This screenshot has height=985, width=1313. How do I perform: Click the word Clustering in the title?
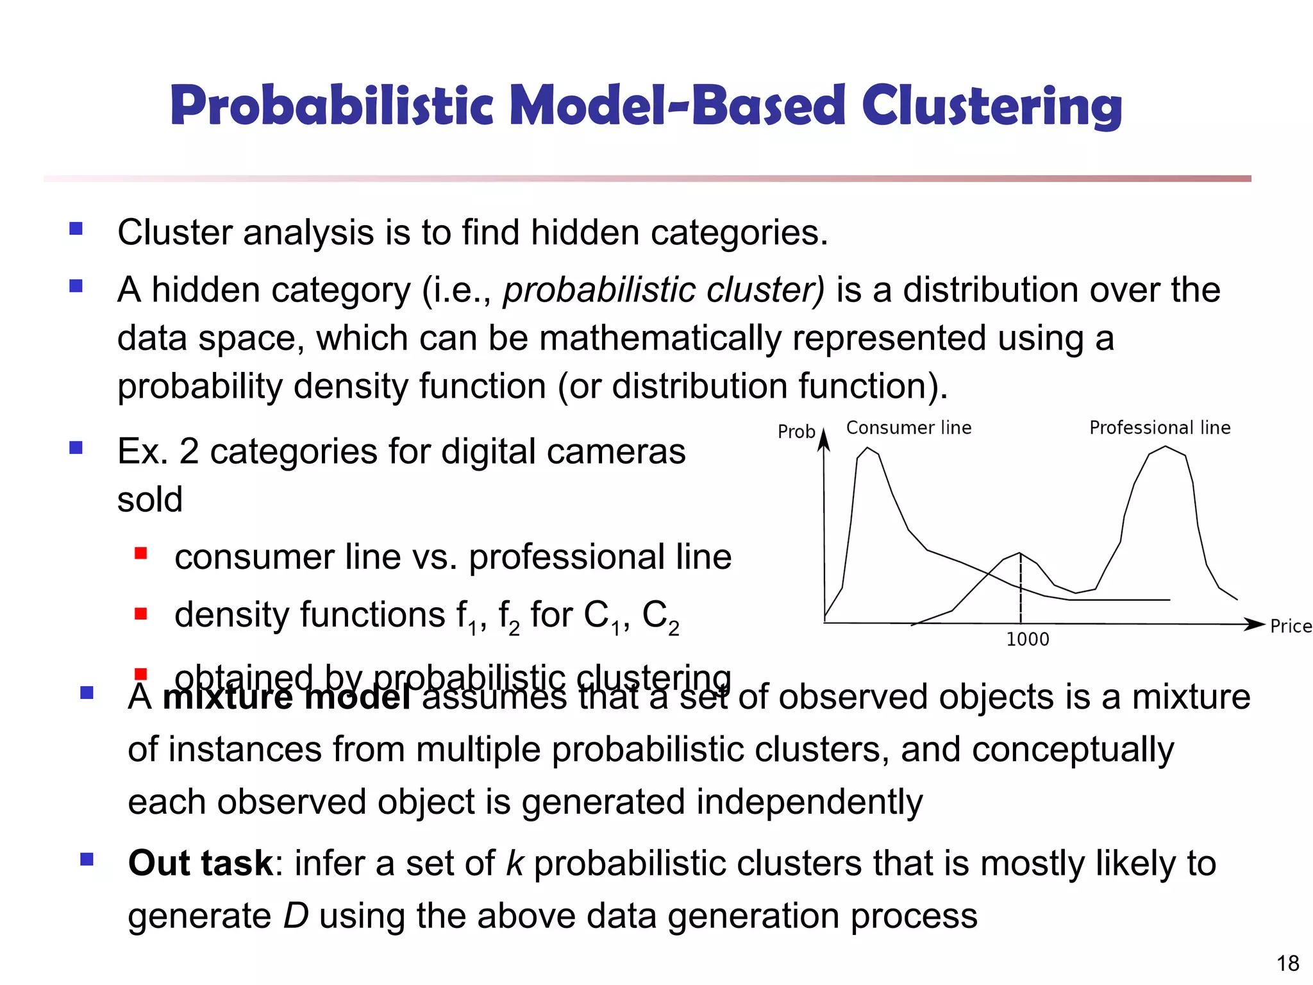(x=991, y=106)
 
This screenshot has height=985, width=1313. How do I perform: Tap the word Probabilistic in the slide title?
(x=331, y=106)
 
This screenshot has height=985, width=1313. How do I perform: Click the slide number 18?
(x=1287, y=963)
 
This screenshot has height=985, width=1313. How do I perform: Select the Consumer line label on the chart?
(x=908, y=428)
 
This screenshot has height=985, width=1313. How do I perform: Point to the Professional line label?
(x=1160, y=428)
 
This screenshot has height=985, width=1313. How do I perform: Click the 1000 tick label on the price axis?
(x=1027, y=639)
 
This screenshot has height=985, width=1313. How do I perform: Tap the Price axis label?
(x=1290, y=626)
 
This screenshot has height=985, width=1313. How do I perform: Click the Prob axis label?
(x=796, y=432)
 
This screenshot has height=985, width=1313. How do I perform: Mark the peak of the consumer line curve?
(x=867, y=448)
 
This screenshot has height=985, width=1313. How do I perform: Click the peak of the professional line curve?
(x=1166, y=446)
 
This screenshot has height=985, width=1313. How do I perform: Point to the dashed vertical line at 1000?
(x=1021, y=590)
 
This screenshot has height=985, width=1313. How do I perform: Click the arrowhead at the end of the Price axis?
(x=1255, y=624)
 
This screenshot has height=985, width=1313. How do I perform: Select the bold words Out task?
(x=201, y=863)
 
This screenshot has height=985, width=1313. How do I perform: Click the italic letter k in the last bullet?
(x=515, y=863)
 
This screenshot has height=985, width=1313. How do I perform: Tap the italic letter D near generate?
(x=296, y=915)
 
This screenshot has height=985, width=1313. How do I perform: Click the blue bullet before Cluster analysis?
(x=76, y=229)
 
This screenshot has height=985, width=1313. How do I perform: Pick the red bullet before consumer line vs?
(x=141, y=553)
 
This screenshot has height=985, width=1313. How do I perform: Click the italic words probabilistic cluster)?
(x=663, y=290)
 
